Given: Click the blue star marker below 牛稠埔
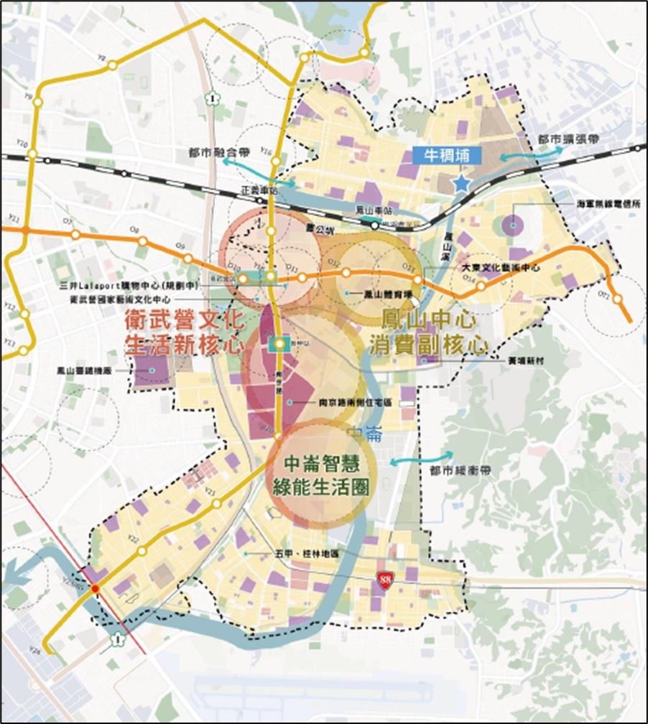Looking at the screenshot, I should pos(461,184).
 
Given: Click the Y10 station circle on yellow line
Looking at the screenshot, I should pos(31,153).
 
